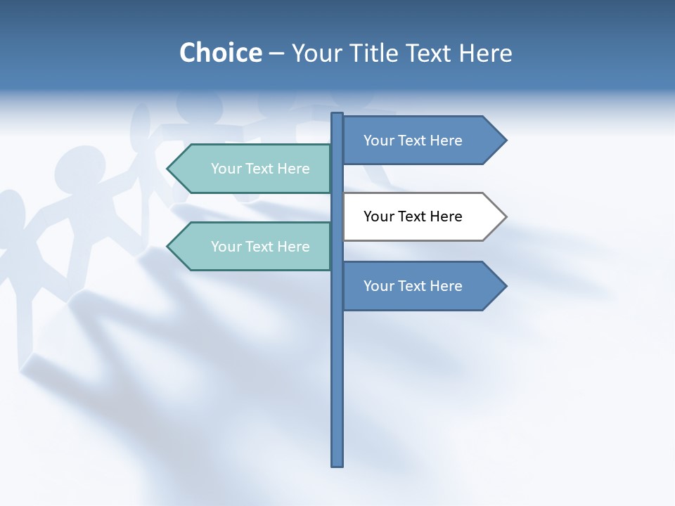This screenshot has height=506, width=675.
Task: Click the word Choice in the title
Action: click(x=220, y=53)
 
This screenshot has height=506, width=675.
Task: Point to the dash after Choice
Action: click(x=276, y=53)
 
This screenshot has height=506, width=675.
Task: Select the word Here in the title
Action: click(x=486, y=53)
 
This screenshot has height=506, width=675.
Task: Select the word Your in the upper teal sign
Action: click(x=226, y=169)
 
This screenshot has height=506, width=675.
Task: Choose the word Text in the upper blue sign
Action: click(x=413, y=141)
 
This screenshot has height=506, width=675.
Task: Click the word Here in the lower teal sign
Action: click(x=292, y=247)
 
